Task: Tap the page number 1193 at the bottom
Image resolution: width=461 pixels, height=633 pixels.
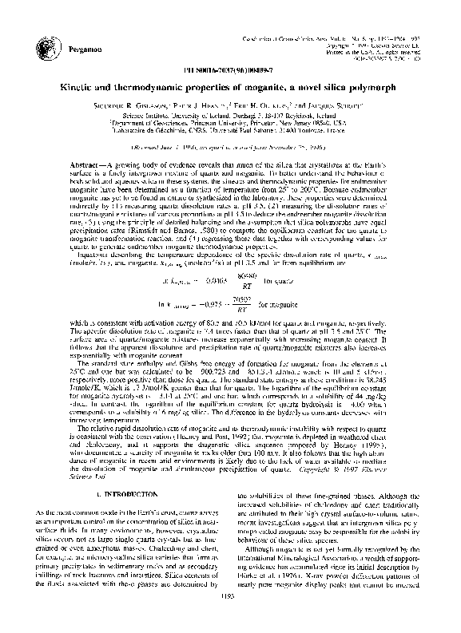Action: tap(229, 616)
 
